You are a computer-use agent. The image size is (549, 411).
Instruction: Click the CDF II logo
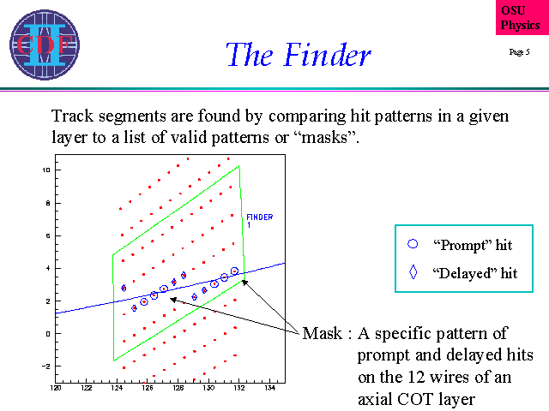45,45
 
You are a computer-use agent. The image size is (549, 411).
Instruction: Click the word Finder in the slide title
328,55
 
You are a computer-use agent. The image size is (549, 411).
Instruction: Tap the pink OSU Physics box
522,17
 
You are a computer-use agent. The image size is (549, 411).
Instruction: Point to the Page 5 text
519,52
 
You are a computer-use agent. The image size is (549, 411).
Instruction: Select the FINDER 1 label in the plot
259,221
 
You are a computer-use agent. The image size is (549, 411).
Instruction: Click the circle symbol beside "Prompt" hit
413,244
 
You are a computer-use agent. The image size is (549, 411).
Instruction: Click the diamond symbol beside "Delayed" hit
413,272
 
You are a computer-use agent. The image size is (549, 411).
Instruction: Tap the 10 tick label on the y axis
46,170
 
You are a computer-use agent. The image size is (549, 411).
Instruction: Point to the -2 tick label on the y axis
45,366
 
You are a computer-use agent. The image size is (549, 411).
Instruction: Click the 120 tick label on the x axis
56,388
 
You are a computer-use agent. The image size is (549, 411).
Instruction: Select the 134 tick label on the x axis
269,388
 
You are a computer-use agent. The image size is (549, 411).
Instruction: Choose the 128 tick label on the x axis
178,388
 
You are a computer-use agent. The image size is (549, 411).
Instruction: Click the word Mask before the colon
323,333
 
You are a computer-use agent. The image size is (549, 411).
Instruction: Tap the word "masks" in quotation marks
324,137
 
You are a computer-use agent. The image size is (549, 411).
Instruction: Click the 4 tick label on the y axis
48,268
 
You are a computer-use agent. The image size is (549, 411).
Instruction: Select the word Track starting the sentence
72,116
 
